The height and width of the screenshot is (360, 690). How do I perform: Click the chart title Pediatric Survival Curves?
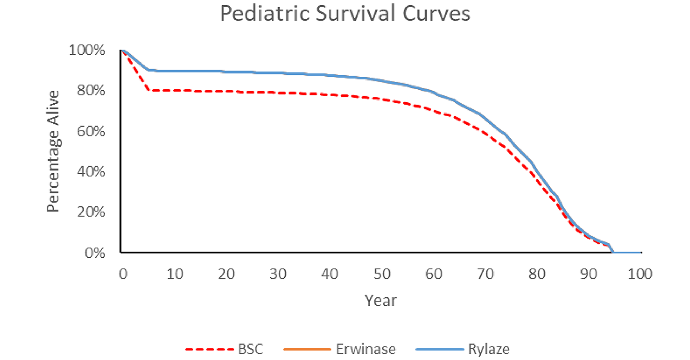click(x=345, y=14)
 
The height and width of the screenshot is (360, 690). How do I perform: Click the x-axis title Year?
click(x=381, y=300)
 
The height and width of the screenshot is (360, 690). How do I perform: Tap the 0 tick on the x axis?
click(x=122, y=274)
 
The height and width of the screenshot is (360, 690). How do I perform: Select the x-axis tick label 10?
click(x=175, y=274)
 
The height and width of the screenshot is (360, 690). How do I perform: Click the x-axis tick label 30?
click(x=278, y=274)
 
